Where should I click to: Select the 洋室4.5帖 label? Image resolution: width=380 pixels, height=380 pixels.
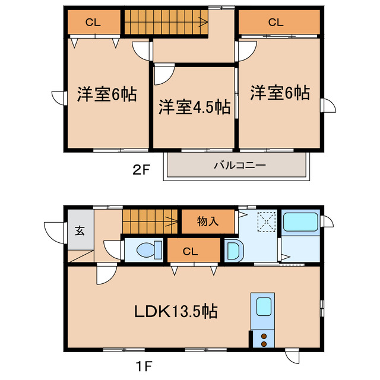194,107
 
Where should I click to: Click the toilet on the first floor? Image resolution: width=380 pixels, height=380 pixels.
146,250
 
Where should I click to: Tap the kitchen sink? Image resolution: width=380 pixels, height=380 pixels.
263,308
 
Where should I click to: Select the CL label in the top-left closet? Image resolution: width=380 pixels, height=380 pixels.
92,23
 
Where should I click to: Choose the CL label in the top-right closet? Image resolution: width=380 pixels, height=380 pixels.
275,23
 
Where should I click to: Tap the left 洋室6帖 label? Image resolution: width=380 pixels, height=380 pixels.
107,94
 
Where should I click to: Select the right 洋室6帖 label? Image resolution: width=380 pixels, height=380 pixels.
279,93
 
